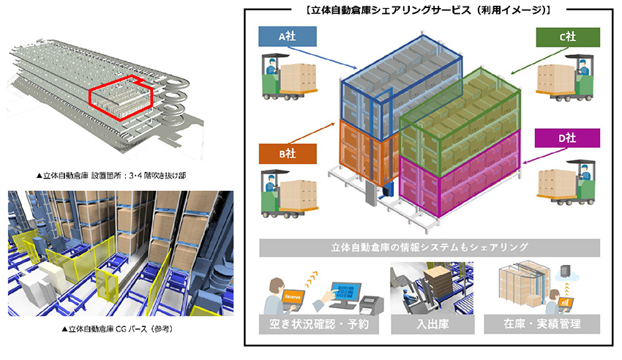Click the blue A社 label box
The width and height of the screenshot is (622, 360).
(x=288, y=37)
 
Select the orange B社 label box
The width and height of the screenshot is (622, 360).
(x=288, y=154)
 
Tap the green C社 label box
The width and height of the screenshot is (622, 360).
(x=568, y=37)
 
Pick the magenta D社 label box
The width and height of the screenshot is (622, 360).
(x=567, y=138)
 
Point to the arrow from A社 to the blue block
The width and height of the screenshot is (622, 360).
(x=322, y=58)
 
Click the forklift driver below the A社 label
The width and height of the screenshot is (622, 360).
(x=271, y=67)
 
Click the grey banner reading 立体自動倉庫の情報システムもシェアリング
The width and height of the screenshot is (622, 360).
(x=430, y=247)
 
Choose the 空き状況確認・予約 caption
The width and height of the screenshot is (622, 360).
(x=319, y=324)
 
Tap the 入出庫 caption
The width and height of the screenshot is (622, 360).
(x=432, y=324)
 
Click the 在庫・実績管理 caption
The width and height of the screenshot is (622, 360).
(x=542, y=324)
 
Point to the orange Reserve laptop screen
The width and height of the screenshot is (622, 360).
(x=292, y=297)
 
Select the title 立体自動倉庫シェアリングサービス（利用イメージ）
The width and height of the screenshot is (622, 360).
(x=428, y=10)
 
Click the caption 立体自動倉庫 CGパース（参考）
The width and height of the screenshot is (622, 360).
(x=118, y=329)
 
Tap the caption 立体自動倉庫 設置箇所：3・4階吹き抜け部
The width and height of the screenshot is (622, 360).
(x=111, y=175)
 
